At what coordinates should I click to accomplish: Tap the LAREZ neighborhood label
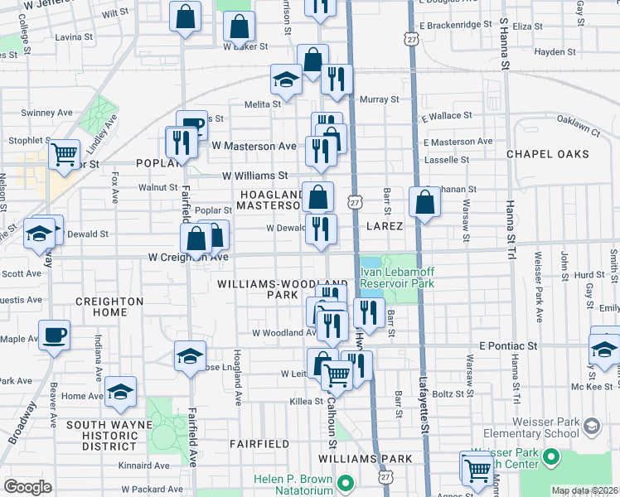click(382, 225)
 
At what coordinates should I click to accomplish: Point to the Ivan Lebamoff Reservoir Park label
click(398, 277)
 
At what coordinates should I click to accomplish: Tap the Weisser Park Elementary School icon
click(591, 427)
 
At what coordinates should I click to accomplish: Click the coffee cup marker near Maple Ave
click(55, 335)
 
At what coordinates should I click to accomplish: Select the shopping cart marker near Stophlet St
click(64, 153)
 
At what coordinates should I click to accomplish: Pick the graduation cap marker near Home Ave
click(120, 391)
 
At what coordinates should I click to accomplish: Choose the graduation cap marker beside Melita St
click(287, 80)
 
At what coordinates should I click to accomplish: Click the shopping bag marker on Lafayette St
click(424, 201)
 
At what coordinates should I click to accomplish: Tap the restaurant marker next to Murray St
click(337, 80)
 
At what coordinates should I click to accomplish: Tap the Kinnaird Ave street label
click(144, 466)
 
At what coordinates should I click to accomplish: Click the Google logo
click(27, 487)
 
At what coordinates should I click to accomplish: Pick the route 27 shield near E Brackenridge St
click(411, 39)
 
